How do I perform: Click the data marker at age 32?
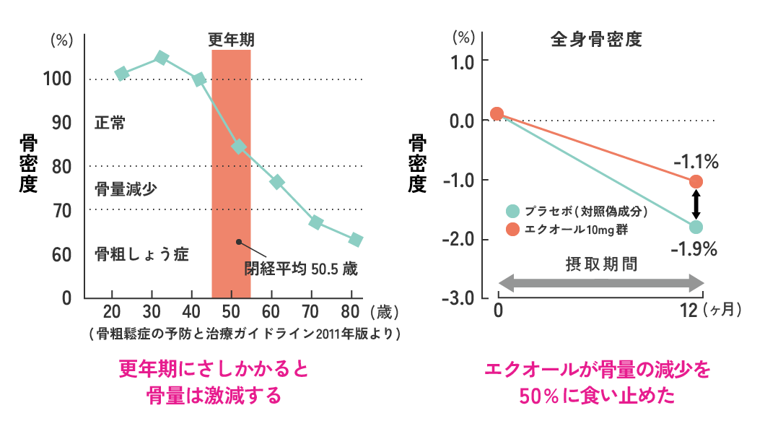click(x=162, y=58)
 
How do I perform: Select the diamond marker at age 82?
click(x=355, y=240)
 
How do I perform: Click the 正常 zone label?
click(x=110, y=123)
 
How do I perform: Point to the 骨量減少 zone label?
click(x=126, y=189)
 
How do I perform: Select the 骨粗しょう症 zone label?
click(x=141, y=254)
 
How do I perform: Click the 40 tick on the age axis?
click(x=191, y=312)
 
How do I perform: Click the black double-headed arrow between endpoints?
click(x=696, y=204)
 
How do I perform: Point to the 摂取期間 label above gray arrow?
click(x=601, y=263)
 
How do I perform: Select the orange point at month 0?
click(x=497, y=113)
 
